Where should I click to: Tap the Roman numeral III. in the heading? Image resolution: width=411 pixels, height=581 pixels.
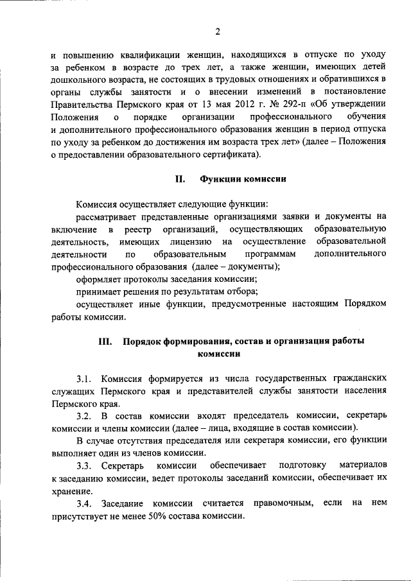(106, 342)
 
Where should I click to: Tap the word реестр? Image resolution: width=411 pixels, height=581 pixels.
(143, 229)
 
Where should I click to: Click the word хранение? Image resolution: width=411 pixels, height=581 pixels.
(71, 489)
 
